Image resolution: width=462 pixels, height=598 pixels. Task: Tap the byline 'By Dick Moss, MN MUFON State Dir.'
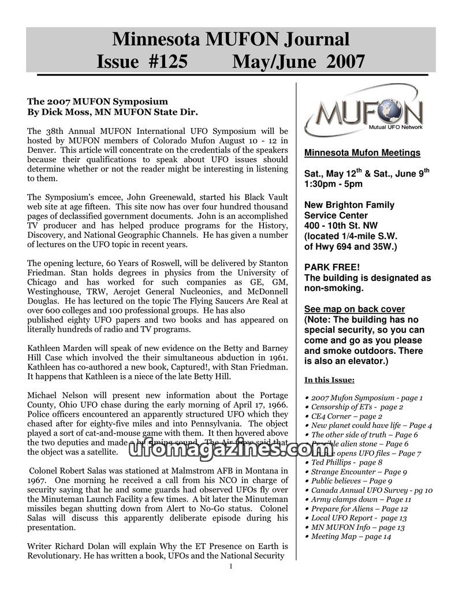(x=113, y=111)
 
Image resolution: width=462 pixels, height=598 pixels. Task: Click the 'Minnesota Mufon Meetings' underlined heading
(x=362, y=153)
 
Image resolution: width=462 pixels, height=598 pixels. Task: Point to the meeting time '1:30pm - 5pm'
(x=333, y=184)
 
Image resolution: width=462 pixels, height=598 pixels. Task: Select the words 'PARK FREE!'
(x=331, y=267)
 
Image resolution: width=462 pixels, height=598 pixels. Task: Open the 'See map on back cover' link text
(x=354, y=309)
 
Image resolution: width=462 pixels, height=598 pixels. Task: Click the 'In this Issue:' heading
(x=329, y=380)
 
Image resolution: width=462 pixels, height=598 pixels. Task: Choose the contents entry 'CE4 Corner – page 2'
(x=346, y=416)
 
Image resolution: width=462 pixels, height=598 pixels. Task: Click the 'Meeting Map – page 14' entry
(x=351, y=536)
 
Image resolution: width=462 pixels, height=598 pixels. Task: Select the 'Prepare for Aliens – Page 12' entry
(x=359, y=509)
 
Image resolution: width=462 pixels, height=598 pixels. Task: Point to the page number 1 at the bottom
(x=231, y=566)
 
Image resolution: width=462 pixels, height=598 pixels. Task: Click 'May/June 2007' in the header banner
(x=298, y=61)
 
